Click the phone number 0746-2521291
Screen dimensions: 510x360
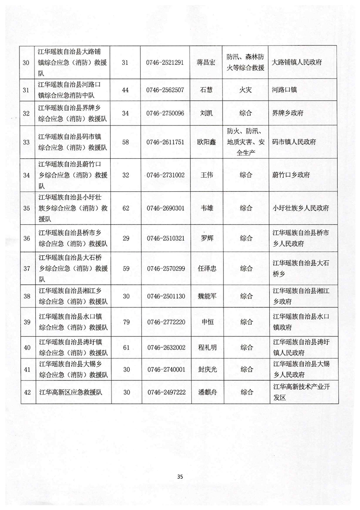tap(165, 63)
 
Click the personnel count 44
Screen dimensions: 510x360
tap(126, 89)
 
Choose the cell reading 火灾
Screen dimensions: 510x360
tap(246, 89)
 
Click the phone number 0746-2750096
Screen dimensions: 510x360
tap(165, 113)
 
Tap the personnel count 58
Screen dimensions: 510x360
tap(126, 142)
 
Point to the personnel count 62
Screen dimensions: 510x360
tap(126, 208)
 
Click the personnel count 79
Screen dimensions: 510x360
tap(126, 322)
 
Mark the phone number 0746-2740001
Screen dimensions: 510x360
tap(165, 369)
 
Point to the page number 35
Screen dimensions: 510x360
tap(180, 476)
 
